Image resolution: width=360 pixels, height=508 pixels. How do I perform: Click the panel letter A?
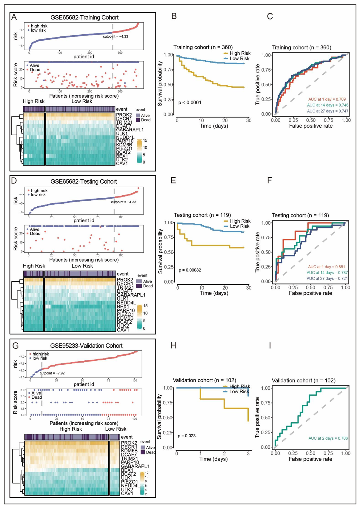point(14,17)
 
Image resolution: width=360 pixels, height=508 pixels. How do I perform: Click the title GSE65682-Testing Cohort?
point(84,182)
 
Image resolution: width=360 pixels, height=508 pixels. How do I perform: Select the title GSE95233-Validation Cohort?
point(86,346)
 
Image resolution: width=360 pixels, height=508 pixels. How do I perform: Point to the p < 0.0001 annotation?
point(190,103)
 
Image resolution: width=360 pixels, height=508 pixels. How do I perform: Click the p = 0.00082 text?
point(190,270)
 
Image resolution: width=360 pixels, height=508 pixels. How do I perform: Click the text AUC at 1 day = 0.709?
point(327,99)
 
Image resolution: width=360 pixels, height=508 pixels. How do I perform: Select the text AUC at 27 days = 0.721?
point(327,278)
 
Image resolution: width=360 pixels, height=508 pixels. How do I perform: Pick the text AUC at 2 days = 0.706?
point(328,438)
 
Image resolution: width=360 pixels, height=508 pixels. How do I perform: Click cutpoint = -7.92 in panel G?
point(52,373)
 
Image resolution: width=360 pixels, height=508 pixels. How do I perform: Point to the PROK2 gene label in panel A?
point(124,115)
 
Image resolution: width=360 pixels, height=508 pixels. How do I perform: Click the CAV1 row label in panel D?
point(123,330)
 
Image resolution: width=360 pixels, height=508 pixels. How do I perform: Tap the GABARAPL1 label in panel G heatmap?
point(135,466)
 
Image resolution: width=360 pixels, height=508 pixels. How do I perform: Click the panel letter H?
point(173,346)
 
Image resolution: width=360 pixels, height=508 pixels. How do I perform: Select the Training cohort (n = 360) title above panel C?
point(301,47)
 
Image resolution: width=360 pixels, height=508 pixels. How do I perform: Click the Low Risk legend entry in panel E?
point(239,226)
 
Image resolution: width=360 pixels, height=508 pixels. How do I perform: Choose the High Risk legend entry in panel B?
point(240,53)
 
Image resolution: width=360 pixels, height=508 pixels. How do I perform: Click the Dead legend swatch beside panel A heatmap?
point(138,120)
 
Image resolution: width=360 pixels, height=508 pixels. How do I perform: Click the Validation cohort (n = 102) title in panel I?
point(304,380)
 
